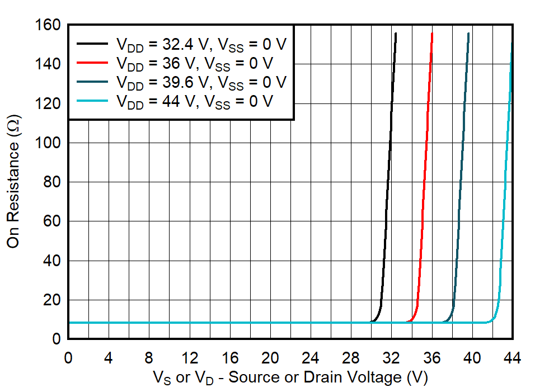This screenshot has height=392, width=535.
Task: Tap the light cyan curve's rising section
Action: [x=505, y=168]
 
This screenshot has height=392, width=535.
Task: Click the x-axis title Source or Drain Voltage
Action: [x=290, y=378]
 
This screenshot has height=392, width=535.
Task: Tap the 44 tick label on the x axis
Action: [x=512, y=358]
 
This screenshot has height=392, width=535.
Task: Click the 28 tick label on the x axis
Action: [x=351, y=358]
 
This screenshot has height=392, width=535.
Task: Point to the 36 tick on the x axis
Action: [x=431, y=358]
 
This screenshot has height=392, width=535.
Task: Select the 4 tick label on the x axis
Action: [x=109, y=358]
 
